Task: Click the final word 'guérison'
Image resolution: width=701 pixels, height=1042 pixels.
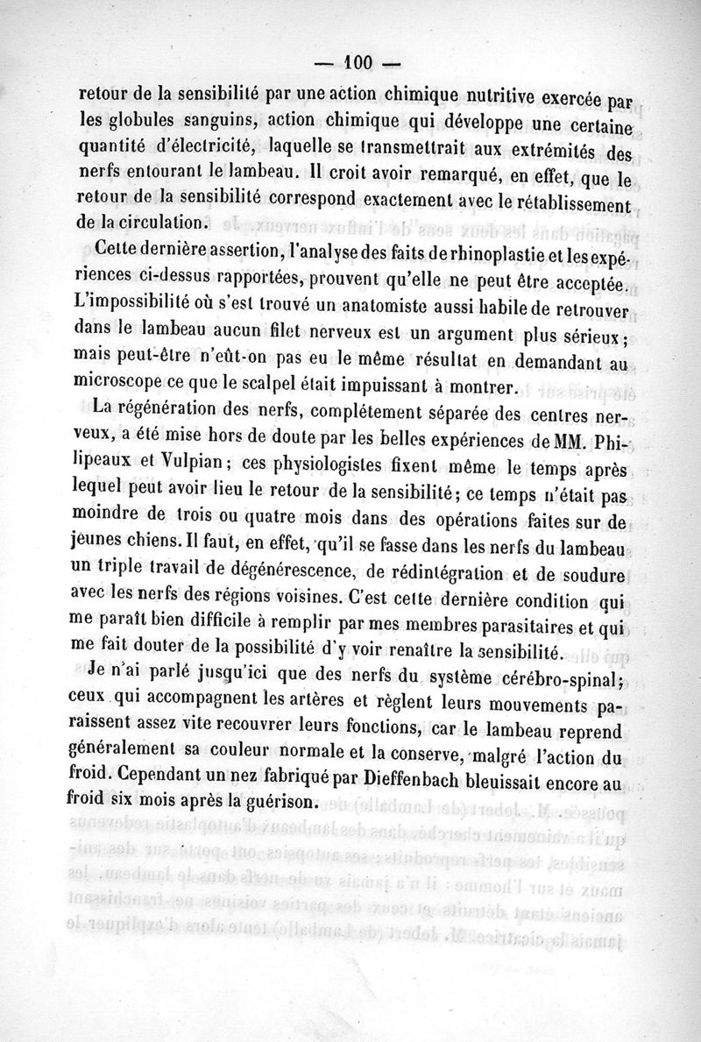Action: tap(281, 804)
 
